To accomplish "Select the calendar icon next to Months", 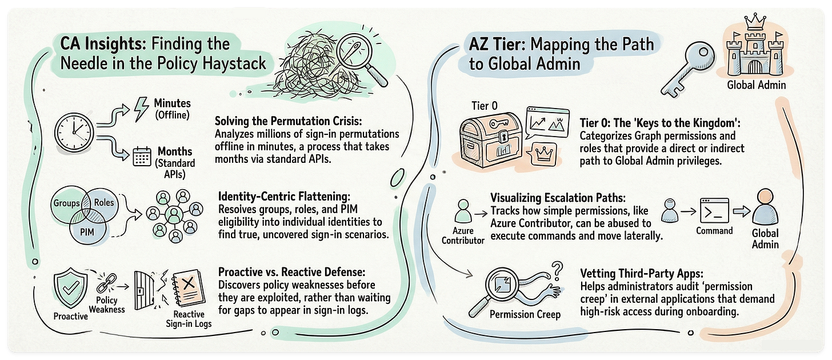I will tap(141, 155).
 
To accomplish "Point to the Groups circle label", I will tap(67, 203).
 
